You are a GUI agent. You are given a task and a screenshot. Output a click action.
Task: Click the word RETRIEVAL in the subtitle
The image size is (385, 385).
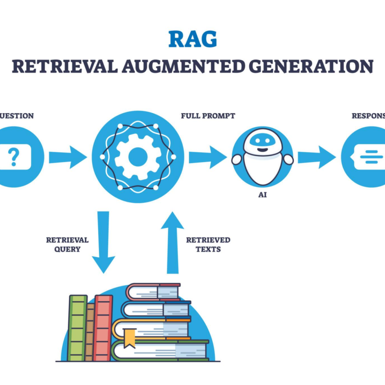pyautogui.click(x=64, y=66)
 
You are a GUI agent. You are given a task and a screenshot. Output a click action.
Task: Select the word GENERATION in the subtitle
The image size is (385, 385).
pyautogui.click(x=311, y=66)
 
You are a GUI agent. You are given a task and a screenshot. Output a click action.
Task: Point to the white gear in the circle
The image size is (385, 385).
pyautogui.click(x=137, y=157)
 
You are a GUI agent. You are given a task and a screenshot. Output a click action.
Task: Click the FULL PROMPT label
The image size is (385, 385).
pyautogui.click(x=208, y=116)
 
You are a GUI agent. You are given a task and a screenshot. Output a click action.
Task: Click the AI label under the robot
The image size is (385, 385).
pyautogui.click(x=262, y=195)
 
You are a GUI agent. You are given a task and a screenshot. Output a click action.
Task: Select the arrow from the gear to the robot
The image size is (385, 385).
pyautogui.click(x=207, y=157)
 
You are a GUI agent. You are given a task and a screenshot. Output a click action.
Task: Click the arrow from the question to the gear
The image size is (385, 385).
pyautogui.click(x=67, y=157)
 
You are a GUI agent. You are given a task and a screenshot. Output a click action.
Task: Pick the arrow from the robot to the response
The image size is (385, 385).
pyautogui.click(x=316, y=157)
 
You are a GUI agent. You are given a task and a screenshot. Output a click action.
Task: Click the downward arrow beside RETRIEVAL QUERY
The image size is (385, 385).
pyautogui.click(x=103, y=241)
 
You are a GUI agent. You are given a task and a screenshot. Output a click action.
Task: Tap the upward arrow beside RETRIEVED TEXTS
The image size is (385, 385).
pyautogui.click(x=172, y=241)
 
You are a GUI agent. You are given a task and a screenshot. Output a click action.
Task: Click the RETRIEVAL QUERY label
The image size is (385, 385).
pyautogui.click(x=67, y=245)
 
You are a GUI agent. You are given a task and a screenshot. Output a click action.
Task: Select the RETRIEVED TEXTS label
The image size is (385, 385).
pyautogui.click(x=208, y=245)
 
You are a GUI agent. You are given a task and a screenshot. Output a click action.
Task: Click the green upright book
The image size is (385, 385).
pyautogui.click(x=77, y=327)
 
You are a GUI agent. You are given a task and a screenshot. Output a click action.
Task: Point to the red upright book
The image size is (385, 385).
pyautogui.click(x=103, y=327)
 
